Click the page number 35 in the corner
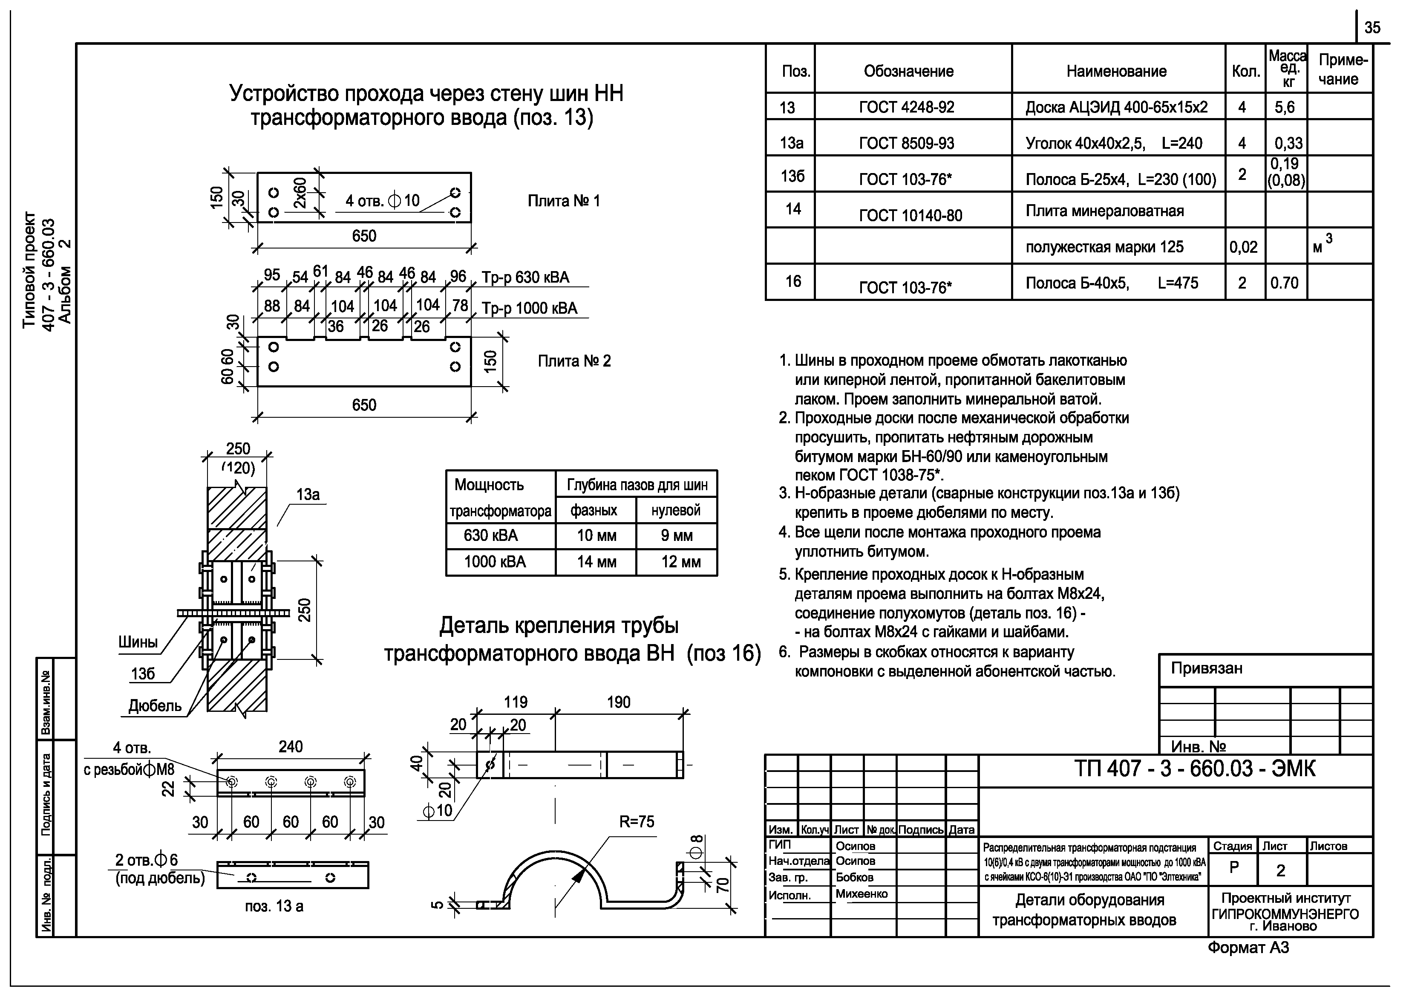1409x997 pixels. pos(1372,28)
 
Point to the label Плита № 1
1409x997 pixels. pos(563,201)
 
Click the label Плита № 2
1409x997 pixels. pos(574,361)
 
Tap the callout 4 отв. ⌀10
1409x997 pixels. pos(382,201)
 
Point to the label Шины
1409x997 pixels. pos(138,642)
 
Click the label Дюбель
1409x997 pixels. pos(155,706)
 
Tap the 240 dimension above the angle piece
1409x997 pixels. pos(290,746)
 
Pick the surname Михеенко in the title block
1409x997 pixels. pos(861,894)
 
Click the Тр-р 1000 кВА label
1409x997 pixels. pos(529,308)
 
